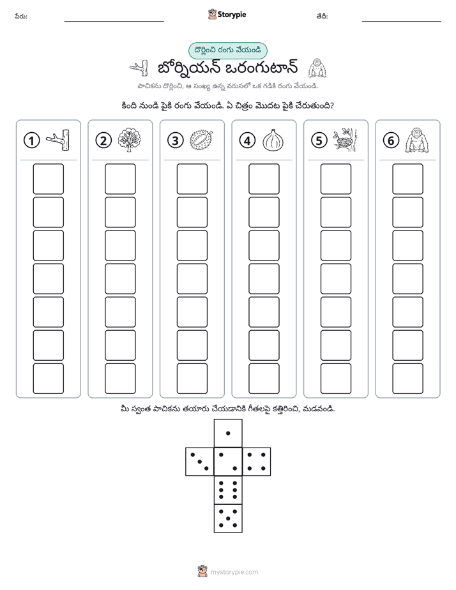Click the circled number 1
pos(31,140)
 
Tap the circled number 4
pos(247,140)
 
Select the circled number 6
pos(391,140)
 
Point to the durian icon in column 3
pos(201,140)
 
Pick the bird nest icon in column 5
pos(345,140)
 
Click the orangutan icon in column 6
pos(417,140)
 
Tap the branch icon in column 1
pos(58,140)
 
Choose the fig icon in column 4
pos(273,140)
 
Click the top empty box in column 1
pos(48,179)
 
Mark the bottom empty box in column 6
pos(408,379)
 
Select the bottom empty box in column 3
pos(192,379)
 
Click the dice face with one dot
pos(228,433)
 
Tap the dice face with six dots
pos(228,490)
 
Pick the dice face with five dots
pos(228,518)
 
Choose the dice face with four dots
pos(257,462)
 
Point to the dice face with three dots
pos(200,462)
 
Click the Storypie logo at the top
pos(227,15)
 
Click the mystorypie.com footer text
pos(234,572)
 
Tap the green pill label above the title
pos(227,51)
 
